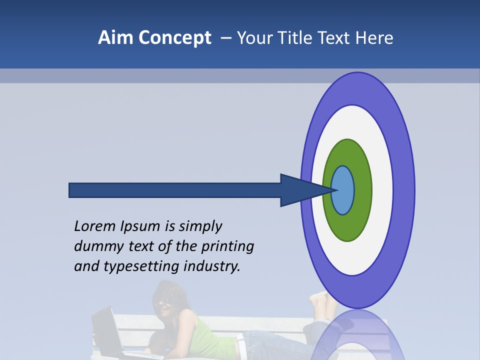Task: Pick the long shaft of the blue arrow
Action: tap(175, 190)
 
